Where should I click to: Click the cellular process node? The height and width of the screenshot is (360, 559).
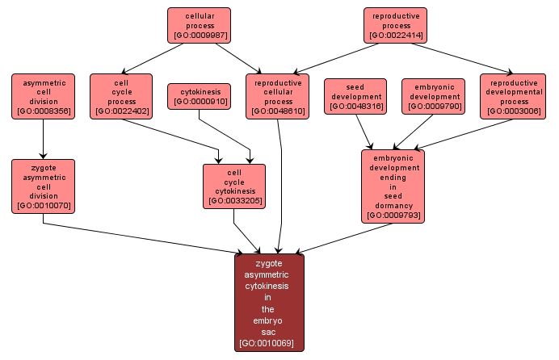pyautogui.click(x=199, y=25)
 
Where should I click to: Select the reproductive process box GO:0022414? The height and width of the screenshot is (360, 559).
pyautogui.click(x=395, y=25)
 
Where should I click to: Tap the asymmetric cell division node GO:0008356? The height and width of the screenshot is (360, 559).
pyautogui.click(x=43, y=96)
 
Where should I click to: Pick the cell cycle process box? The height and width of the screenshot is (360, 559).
pyautogui.click(x=121, y=96)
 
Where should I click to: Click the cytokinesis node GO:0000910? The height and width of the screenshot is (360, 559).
pyautogui.click(x=199, y=96)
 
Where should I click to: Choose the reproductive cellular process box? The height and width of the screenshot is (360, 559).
pyautogui.click(x=278, y=96)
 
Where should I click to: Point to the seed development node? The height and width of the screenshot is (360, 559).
pyautogui.click(x=356, y=96)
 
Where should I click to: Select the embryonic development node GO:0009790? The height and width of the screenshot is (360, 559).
pyautogui.click(x=433, y=96)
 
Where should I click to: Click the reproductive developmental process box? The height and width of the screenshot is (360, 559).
pyautogui.click(x=513, y=96)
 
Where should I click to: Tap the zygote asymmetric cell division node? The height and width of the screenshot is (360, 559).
pyautogui.click(x=43, y=186)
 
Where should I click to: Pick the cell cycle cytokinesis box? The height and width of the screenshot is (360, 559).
pyautogui.click(x=234, y=186)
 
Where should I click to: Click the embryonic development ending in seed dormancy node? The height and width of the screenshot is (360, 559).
pyautogui.click(x=393, y=186)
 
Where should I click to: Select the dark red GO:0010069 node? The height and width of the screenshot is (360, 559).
pyautogui.click(x=269, y=303)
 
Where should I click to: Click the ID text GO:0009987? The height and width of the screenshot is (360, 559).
pyautogui.click(x=199, y=36)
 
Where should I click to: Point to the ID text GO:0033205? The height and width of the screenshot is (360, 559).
pyautogui.click(x=234, y=200)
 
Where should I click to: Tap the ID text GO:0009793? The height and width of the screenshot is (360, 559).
pyautogui.click(x=393, y=216)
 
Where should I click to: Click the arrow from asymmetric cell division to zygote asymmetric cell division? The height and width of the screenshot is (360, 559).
pyautogui.click(x=43, y=139)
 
